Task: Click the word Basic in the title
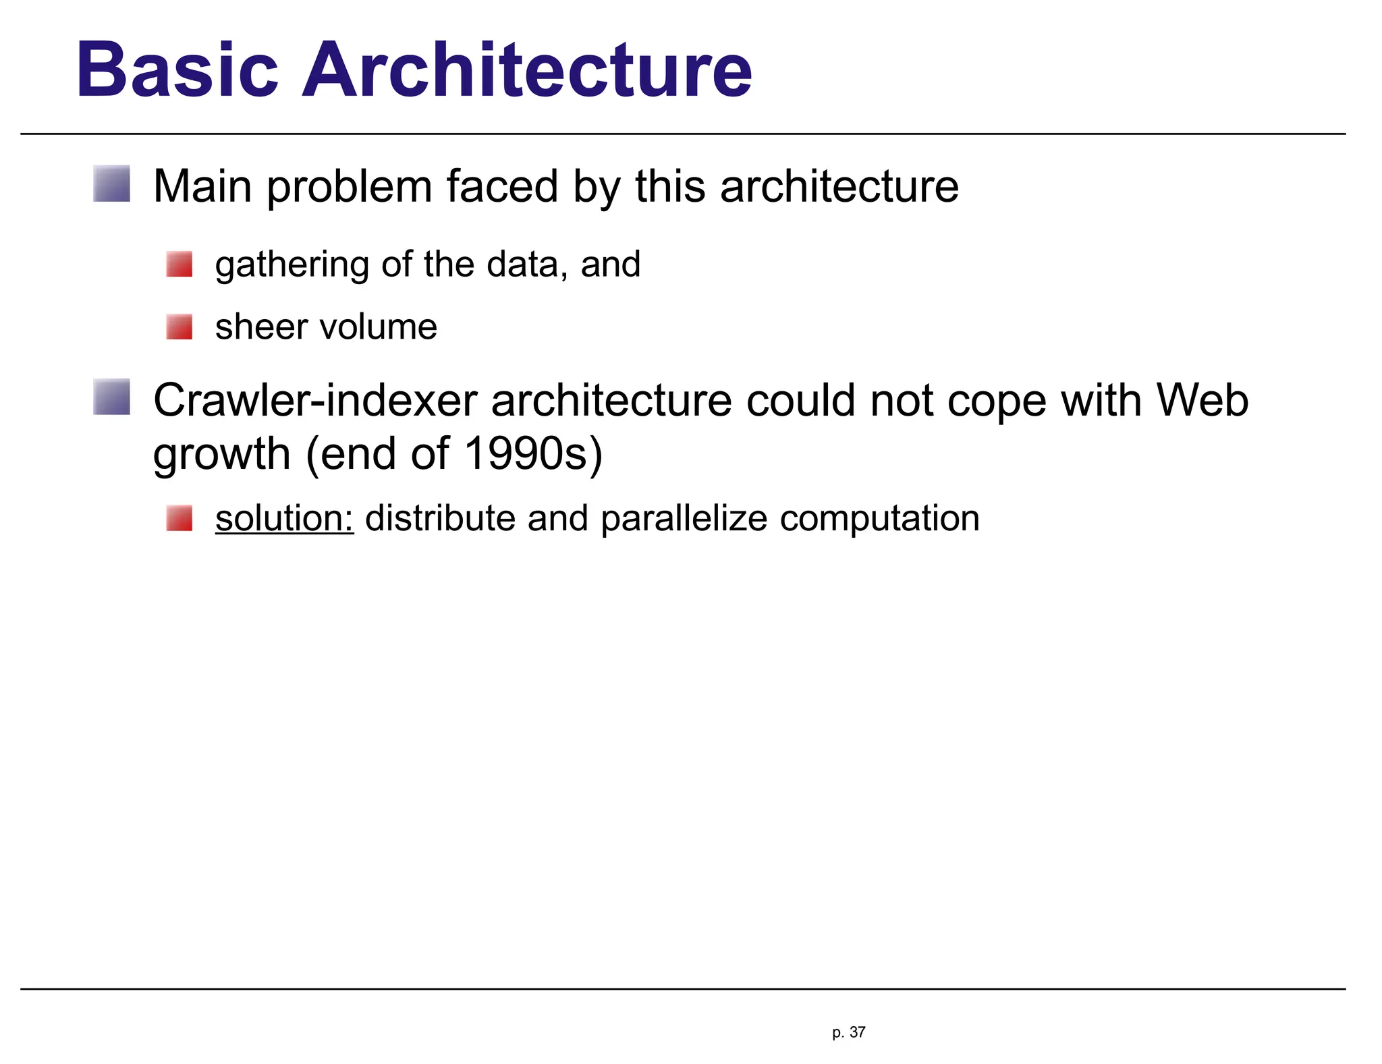pyautogui.click(x=177, y=70)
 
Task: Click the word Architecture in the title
pyautogui.click(x=526, y=70)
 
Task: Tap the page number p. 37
pyautogui.click(x=848, y=1032)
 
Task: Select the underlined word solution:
pyautogui.click(x=284, y=518)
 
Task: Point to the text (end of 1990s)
pyautogui.click(x=454, y=453)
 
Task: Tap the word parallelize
pyautogui.click(x=684, y=518)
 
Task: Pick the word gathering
pyautogui.click(x=292, y=264)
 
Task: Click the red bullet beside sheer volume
pyautogui.click(x=179, y=327)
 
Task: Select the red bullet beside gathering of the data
pyautogui.click(x=179, y=264)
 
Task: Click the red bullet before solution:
pyautogui.click(x=179, y=518)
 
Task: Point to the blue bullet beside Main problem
pyautogui.click(x=111, y=184)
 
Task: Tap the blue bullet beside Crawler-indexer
pyautogui.click(x=111, y=397)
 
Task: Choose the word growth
pyautogui.click(x=221, y=455)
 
